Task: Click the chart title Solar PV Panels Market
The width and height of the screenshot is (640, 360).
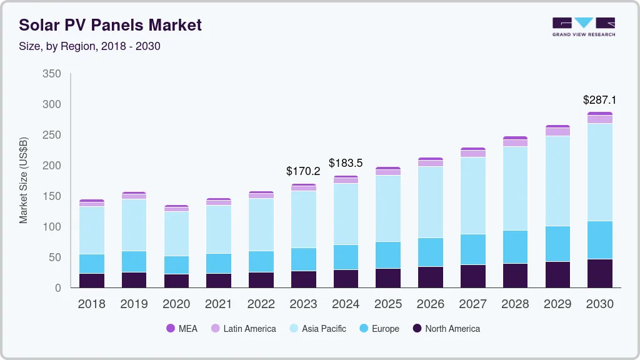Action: (110, 25)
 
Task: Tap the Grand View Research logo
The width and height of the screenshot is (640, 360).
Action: (583, 26)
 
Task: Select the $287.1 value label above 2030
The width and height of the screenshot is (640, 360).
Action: (599, 99)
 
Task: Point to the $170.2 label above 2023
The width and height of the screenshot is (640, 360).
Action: (302, 171)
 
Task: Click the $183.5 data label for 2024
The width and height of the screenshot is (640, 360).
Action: (346, 163)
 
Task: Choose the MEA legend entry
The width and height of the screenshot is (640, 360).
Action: (182, 328)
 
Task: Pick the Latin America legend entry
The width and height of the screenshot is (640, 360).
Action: (243, 328)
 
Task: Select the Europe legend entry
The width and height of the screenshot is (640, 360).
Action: (379, 328)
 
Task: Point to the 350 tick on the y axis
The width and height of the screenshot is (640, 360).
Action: (52, 74)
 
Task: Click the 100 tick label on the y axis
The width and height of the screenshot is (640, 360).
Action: (52, 227)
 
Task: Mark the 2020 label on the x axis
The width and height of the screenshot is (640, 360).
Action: (176, 304)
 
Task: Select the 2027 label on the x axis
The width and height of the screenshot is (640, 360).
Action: (472, 304)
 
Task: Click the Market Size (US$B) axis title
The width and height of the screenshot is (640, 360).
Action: (24, 180)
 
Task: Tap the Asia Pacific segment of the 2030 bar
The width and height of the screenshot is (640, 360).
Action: (599, 172)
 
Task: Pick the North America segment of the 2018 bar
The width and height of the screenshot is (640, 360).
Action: (91, 281)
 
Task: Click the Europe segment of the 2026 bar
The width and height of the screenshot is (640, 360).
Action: (430, 252)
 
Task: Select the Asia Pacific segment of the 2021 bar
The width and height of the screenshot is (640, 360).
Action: (219, 229)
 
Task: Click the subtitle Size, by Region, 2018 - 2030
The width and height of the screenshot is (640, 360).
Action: (89, 46)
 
